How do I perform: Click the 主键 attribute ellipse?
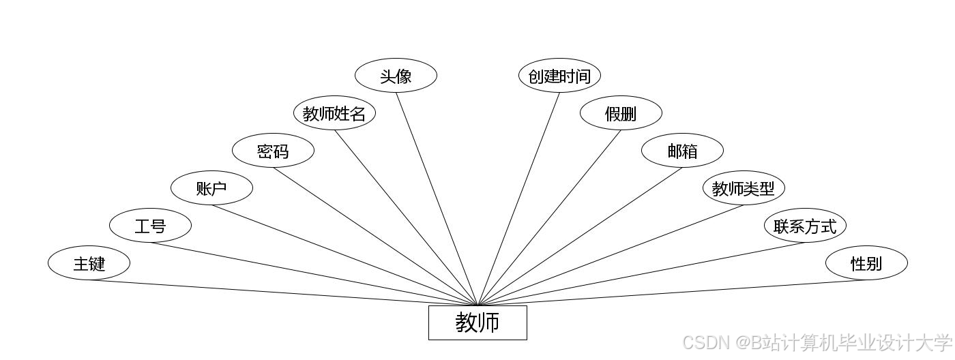click(89, 263)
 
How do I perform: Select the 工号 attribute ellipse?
click(150, 226)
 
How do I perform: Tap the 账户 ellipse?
click(211, 188)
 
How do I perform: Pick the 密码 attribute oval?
click(273, 151)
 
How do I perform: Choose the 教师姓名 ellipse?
click(334, 113)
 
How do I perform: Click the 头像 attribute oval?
click(396, 76)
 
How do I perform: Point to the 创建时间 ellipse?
click(559, 76)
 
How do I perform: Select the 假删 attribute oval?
click(621, 113)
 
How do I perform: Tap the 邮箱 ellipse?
click(682, 151)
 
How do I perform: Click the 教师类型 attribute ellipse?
click(744, 188)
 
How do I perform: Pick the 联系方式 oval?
click(805, 226)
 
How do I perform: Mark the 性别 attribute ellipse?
click(866, 263)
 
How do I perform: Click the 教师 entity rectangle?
click(477, 322)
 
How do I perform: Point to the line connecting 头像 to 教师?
click(437, 198)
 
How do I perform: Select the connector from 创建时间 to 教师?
click(518, 198)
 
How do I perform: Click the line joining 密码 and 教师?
click(375, 236)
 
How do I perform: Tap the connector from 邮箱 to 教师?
click(580, 236)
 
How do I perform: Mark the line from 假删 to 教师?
click(549, 217)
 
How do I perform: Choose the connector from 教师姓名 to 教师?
click(406, 217)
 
